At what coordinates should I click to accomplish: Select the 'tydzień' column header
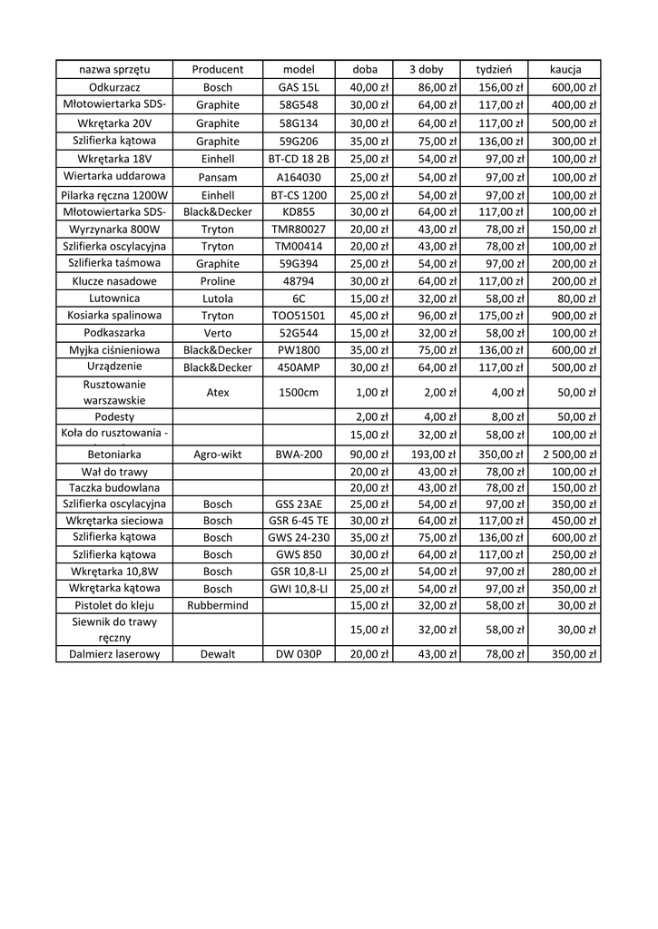[x=495, y=70]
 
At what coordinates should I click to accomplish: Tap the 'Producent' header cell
[x=218, y=70]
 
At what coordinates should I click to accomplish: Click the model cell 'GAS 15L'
[x=300, y=88]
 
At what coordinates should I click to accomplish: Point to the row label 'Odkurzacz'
[x=114, y=88]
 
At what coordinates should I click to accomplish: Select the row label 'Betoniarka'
[x=114, y=455]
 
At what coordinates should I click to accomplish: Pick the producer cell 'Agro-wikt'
[x=218, y=455]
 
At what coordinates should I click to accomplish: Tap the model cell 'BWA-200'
[x=300, y=455]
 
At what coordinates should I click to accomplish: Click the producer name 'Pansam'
[x=218, y=177]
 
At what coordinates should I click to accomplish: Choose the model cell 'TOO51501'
[x=300, y=316]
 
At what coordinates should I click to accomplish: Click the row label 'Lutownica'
[x=114, y=298]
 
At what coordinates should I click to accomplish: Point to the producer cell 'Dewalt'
[x=218, y=654]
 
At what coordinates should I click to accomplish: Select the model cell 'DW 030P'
[x=300, y=654]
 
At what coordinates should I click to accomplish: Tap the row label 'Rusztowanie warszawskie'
[x=114, y=393]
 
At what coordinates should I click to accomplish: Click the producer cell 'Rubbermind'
[x=218, y=605]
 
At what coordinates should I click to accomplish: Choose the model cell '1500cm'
[x=300, y=393]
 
